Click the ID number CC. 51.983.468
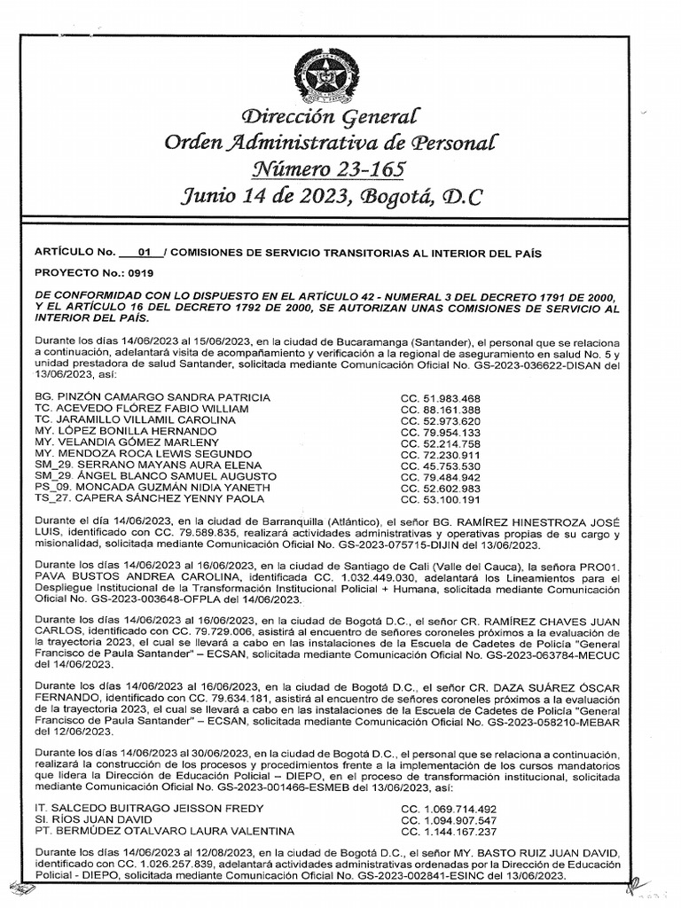pyautogui.click(x=441, y=398)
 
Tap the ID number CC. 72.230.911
pyautogui.click(x=441, y=454)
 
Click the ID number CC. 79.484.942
pyautogui.click(x=441, y=476)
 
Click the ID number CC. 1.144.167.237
pyautogui.click(x=448, y=831)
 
